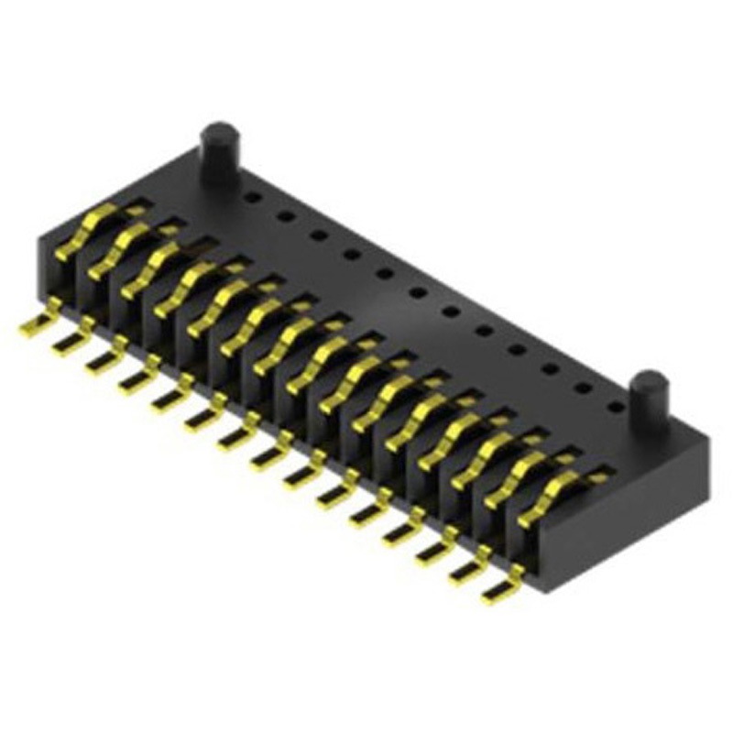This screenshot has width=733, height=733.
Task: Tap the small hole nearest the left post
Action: tap(253, 194)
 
